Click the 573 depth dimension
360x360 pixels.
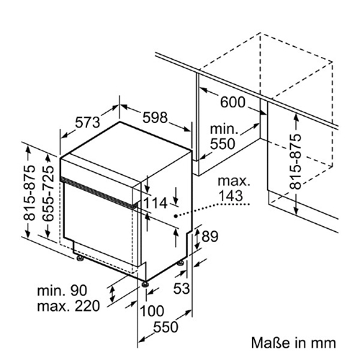click(x=87, y=122)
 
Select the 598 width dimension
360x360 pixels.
click(x=155, y=117)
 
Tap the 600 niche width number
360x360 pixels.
click(x=233, y=102)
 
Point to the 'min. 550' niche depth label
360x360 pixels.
click(x=223, y=137)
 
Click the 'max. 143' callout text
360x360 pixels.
click(x=234, y=189)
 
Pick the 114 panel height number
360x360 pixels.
click(x=156, y=203)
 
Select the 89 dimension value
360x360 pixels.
click(x=210, y=236)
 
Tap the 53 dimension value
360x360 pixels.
click(x=181, y=288)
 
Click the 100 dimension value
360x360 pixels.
click(x=152, y=311)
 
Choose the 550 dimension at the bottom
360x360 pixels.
click(x=166, y=327)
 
